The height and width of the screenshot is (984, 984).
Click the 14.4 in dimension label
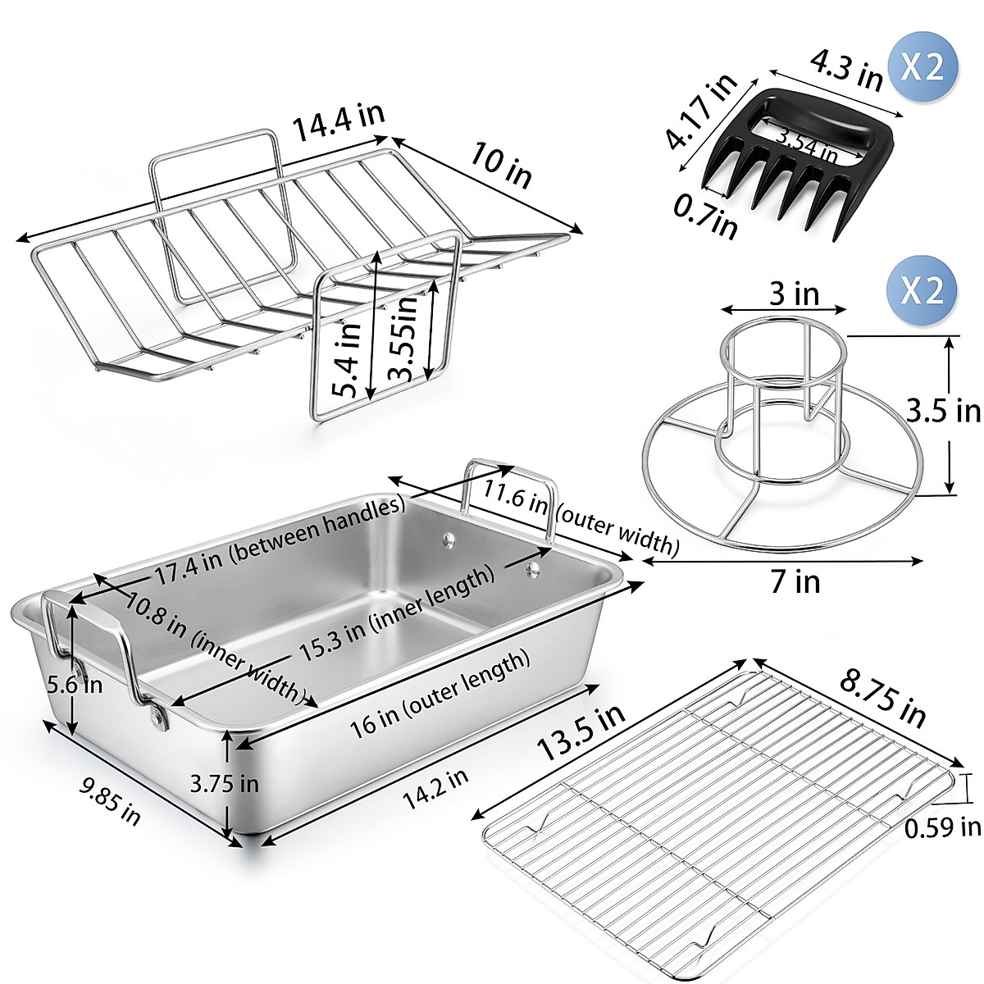click(x=339, y=125)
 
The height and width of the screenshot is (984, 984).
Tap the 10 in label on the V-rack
click(x=501, y=163)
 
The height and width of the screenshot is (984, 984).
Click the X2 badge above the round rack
click(x=922, y=289)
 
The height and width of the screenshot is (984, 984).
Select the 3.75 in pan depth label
click(x=224, y=783)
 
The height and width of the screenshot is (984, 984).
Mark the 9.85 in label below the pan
click(x=110, y=799)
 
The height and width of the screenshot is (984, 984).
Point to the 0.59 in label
click(x=942, y=828)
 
